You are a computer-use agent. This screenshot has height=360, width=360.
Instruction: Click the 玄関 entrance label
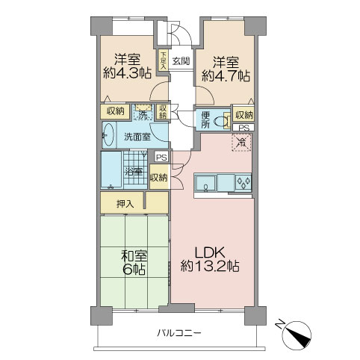tap(181, 61)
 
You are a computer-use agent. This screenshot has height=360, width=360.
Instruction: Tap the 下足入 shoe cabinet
tap(163, 60)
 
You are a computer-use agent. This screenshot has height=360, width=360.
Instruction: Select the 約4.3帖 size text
tap(127, 74)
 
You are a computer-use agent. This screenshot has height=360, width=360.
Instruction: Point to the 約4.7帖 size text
tap(226, 75)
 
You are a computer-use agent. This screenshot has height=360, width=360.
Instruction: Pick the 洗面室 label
tap(137, 137)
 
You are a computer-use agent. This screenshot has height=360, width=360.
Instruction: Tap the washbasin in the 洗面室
tap(108, 134)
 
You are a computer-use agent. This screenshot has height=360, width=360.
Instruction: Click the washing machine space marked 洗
tap(143, 113)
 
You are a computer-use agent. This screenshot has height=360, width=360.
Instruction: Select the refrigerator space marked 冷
tap(241, 143)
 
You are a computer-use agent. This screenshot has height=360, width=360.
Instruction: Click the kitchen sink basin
tap(205, 184)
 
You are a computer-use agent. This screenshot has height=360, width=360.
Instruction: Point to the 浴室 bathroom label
tap(134, 171)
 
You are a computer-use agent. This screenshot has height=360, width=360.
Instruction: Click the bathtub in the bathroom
tap(111, 170)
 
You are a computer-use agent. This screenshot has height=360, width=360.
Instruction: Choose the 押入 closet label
tap(125, 205)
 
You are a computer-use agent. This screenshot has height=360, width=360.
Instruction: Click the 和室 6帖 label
tap(134, 262)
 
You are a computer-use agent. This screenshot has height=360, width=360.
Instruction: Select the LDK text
tap(210, 252)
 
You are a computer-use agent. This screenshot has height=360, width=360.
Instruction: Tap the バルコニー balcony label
tap(179, 333)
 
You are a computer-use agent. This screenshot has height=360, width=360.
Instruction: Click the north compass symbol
tap(296, 333)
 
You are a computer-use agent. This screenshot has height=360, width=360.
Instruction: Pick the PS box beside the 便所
tap(243, 128)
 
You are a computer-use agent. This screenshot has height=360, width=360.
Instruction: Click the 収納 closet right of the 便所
tap(243, 115)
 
